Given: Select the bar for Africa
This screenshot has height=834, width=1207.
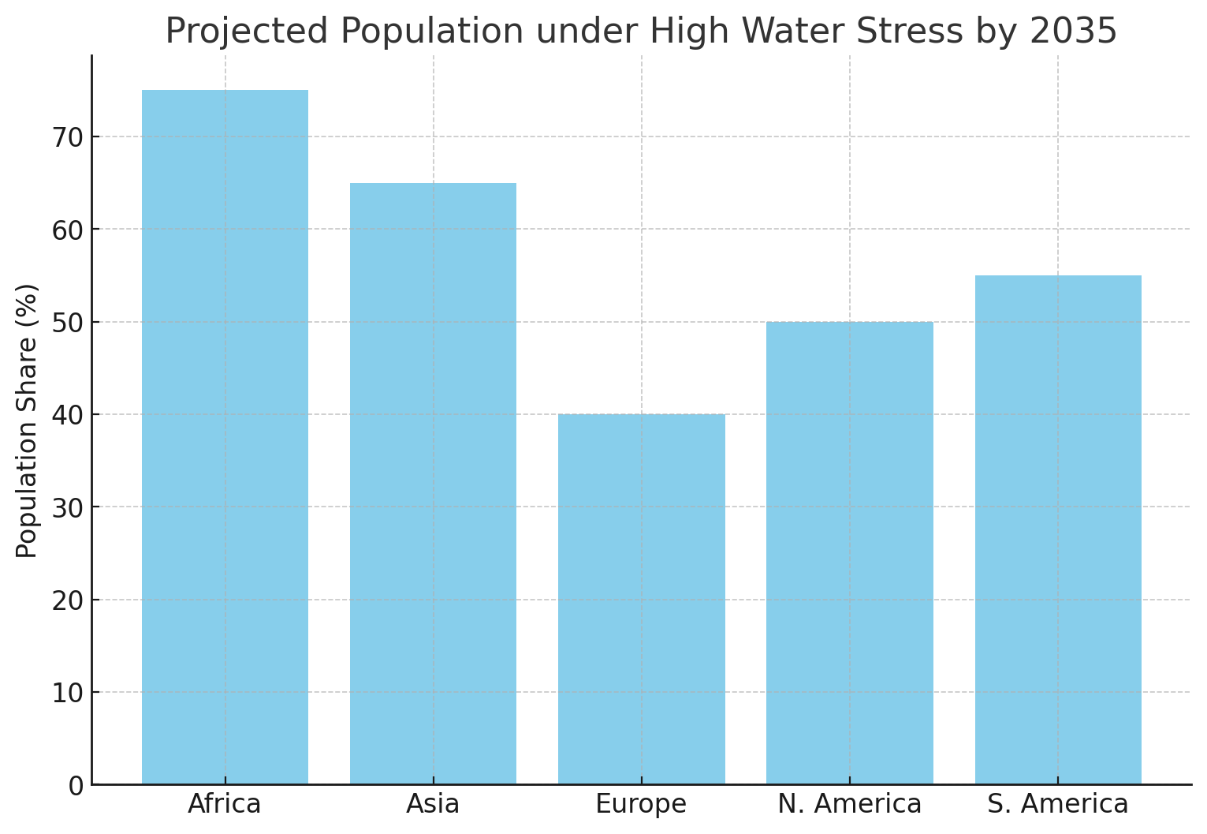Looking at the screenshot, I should click(x=225, y=437).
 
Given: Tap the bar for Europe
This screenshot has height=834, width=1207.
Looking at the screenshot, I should click(x=641, y=599).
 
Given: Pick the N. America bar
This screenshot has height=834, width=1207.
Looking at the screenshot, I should click(x=849, y=552).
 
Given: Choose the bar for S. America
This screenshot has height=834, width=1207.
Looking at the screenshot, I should click(x=1057, y=529).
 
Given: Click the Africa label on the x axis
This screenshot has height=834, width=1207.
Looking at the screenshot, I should click(x=225, y=804).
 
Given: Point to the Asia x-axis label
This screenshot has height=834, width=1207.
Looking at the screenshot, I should click(x=433, y=804).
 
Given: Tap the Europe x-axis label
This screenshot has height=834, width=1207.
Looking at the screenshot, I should click(x=641, y=804).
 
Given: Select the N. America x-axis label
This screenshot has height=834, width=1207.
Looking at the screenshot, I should click(x=849, y=804).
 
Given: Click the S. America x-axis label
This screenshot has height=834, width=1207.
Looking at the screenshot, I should click(x=1057, y=804).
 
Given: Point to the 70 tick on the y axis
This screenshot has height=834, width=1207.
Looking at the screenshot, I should click(x=68, y=137).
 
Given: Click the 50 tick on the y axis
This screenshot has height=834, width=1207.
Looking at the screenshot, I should click(x=68, y=322).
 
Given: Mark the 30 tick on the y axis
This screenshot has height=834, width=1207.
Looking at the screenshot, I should click(x=68, y=507).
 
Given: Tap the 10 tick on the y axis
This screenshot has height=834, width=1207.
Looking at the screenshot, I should click(x=68, y=693).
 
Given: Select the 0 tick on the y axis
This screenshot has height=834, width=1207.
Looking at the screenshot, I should click(x=76, y=785).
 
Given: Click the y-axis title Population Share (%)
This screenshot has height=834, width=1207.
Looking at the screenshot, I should click(x=28, y=421).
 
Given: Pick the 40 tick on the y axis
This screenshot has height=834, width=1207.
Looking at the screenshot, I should click(x=68, y=415).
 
